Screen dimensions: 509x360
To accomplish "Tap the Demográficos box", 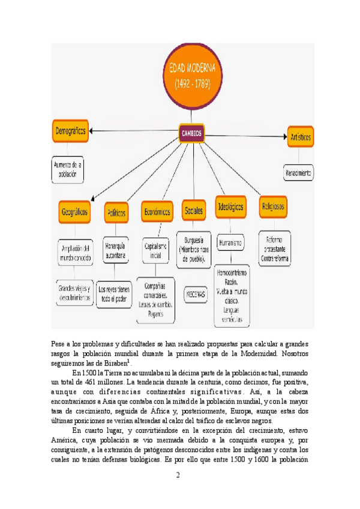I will (x=70, y=131).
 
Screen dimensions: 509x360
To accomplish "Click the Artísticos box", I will (x=301, y=137).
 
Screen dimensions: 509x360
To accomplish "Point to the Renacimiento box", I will (x=298, y=174).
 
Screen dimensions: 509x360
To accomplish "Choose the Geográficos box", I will (x=75, y=212).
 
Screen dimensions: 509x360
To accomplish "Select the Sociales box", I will (x=194, y=211).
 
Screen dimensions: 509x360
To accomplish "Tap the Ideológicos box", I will (x=230, y=206).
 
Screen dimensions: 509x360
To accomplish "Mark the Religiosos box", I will (x=274, y=206).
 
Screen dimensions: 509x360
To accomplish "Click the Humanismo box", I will (x=230, y=243).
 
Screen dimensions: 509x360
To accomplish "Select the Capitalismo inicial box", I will (x=155, y=250).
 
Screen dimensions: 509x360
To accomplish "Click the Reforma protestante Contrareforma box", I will (x=274, y=248).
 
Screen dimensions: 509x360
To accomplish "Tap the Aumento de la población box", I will (x=67, y=170).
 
